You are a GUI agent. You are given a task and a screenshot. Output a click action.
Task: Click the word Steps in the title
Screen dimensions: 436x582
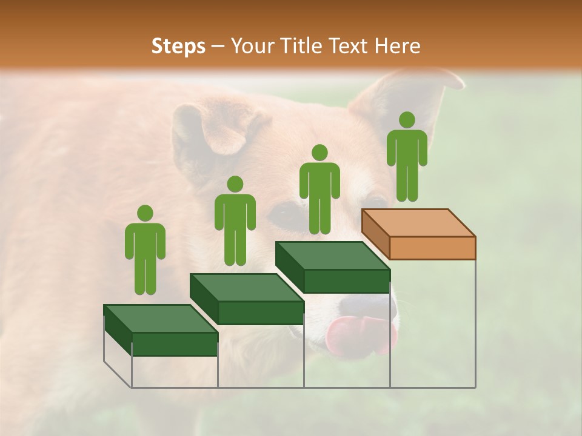pos(178,47)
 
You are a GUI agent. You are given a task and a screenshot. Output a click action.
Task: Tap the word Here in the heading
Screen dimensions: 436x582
pos(397,46)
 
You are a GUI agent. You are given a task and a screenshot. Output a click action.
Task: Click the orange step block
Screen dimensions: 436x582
pos(424,236)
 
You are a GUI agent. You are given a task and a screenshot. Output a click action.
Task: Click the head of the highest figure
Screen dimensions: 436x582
pos(407,119)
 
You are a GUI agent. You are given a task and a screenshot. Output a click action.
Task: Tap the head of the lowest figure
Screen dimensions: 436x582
pos(145,213)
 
